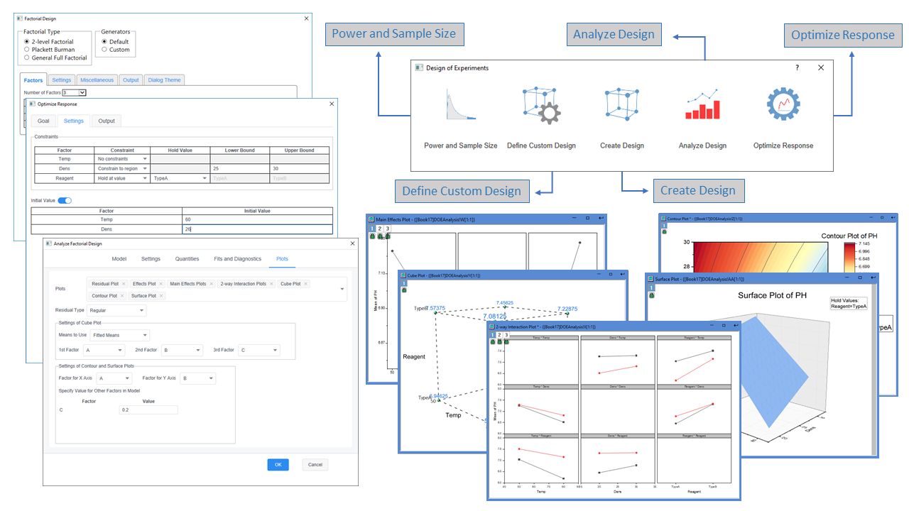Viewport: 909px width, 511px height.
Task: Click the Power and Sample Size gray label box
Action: click(394, 34)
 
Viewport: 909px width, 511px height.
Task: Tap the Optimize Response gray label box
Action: click(842, 35)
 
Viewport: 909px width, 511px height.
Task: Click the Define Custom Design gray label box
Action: click(462, 191)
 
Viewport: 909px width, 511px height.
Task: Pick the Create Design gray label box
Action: click(698, 191)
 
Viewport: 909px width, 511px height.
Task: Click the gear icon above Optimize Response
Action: click(783, 104)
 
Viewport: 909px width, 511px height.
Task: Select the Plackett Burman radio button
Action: click(27, 50)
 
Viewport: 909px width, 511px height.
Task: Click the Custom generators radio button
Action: click(104, 50)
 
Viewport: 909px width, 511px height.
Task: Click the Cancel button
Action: click(315, 465)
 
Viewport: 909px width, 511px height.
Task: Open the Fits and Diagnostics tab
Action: click(237, 259)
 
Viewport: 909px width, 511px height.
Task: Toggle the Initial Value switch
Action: click(65, 201)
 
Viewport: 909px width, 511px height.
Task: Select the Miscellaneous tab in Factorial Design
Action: click(97, 80)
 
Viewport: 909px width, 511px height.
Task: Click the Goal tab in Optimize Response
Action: click(44, 121)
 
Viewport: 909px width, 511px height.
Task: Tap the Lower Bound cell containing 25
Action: click(239, 168)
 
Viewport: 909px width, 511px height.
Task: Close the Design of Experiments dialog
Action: click(821, 67)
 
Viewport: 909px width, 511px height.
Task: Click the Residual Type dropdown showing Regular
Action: click(117, 310)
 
